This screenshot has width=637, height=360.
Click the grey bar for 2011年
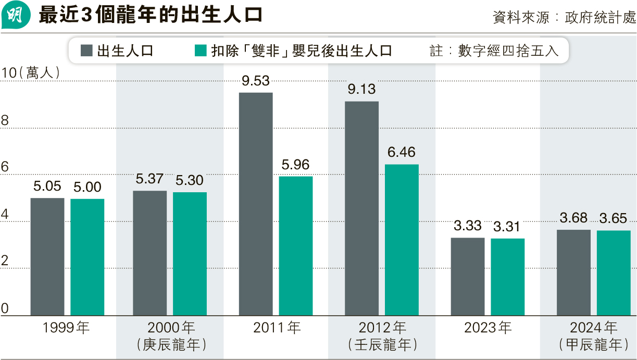click(256, 204)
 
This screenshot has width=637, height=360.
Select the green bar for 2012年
click(402, 240)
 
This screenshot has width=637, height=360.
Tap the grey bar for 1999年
click(47, 256)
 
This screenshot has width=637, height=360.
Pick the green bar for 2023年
click(507, 277)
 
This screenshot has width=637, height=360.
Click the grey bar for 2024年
click(573, 272)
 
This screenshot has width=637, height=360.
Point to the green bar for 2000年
click(190, 254)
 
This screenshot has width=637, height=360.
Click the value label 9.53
click(256, 81)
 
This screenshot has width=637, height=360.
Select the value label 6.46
click(402, 153)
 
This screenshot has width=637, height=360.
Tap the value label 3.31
click(507, 227)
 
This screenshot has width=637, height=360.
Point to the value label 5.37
click(150, 180)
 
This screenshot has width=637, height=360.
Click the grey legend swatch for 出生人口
click(87, 51)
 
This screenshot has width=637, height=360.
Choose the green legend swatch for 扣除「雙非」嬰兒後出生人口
click(201, 51)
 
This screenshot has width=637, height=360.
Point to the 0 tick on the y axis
click(5, 309)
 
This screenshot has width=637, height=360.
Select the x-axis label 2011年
click(277, 328)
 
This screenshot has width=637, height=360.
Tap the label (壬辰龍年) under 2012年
click(382, 344)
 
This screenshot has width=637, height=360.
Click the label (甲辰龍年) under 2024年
click(593, 344)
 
